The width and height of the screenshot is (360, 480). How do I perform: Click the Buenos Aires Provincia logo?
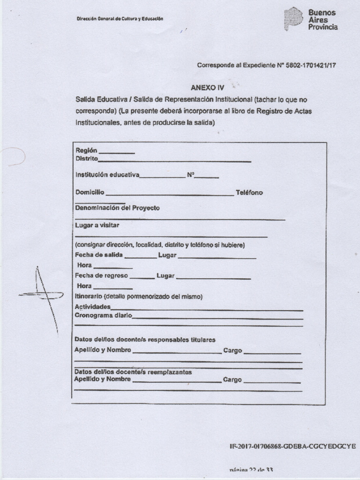[311, 19]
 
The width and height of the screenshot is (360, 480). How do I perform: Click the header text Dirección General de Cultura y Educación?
[120, 19]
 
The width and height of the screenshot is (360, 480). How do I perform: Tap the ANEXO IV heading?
[208, 88]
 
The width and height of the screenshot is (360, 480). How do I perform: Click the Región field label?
[86, 150]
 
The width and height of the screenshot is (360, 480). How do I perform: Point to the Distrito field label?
[87, 159]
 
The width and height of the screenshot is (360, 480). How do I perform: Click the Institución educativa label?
[107, 175]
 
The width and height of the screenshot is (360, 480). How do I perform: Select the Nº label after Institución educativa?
[191, 175]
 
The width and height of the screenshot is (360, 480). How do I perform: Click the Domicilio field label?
[90, 193]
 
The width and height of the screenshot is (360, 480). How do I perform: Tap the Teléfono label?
[249, 193]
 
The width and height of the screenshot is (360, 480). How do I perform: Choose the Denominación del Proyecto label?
[118, 208]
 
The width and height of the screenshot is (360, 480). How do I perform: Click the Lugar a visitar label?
[97, 225]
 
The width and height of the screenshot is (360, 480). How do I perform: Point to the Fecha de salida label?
[99, 255]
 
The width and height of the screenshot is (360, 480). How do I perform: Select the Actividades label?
[92, 307]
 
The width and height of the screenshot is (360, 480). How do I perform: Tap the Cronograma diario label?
[103, 315]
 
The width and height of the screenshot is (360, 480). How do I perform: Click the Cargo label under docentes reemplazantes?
[232, 380]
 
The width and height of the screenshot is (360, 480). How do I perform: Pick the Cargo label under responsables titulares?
[232, 350]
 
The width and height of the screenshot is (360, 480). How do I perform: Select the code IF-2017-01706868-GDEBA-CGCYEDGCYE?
[292, 446]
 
